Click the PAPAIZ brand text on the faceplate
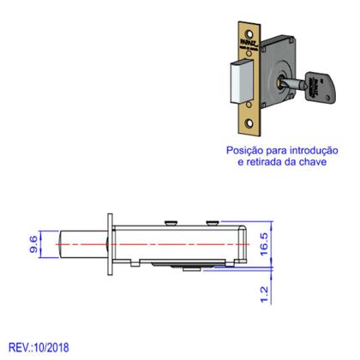(248, 53)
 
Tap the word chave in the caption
(315, 161)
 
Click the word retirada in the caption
(267, 161)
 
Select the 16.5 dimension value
(266, 244)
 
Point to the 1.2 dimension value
(265, 294)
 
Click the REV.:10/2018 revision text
(39, 347)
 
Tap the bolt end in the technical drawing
(81, 244)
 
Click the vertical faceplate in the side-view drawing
(107, 245)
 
